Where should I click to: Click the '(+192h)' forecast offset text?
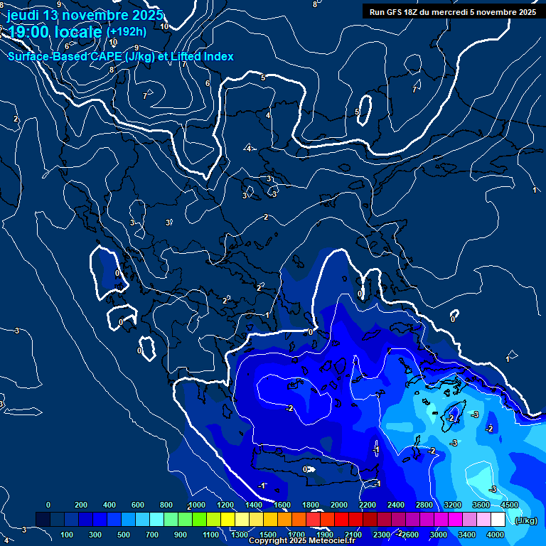(x=127, y=31)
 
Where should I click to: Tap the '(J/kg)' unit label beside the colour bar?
(x=526, y=521)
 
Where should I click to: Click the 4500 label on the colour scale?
(x=509, y=505)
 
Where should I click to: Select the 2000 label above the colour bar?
(x=339, y=505)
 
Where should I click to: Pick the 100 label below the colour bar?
(x=68, y=535)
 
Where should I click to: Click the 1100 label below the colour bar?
(x=210, y=535)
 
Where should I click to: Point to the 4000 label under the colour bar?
(x=496, y=535)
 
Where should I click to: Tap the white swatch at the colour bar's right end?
(x=498, y=520)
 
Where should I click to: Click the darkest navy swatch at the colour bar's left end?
(x=43, y=520)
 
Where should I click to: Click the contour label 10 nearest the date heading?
(x=164, y=26)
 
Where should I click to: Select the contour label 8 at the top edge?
(x=315, y=4)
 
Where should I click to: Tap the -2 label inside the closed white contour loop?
(x=289, y=408)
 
